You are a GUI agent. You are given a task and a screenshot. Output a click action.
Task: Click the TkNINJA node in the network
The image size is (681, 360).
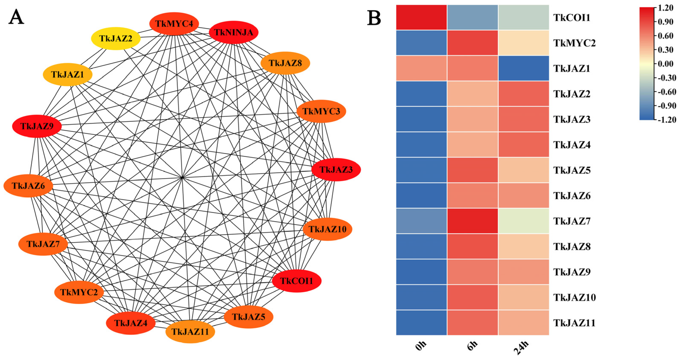233,32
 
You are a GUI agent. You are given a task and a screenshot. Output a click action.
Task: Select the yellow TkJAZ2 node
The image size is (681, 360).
116,39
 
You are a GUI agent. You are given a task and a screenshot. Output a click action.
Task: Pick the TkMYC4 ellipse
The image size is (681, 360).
174,24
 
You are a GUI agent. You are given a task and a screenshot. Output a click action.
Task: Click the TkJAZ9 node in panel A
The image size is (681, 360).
37,126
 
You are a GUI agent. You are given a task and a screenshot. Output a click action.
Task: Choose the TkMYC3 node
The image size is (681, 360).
321,111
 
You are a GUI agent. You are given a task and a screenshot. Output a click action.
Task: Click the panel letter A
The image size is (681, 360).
16,17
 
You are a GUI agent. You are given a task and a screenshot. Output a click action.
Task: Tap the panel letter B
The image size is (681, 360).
374,18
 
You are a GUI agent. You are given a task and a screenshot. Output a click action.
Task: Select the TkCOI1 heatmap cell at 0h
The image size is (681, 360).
421,17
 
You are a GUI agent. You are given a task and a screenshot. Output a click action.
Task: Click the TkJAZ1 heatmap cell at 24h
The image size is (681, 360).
523,68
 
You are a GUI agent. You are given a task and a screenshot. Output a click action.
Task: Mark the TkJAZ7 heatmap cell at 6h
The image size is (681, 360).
473,221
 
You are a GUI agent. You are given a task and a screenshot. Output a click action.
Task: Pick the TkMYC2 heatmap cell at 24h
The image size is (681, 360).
523,43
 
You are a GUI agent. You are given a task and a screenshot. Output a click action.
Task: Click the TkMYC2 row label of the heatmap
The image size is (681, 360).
574,43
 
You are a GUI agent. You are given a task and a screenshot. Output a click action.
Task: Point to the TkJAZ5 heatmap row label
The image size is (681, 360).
572,170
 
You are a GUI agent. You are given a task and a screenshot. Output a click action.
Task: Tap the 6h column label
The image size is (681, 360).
472,346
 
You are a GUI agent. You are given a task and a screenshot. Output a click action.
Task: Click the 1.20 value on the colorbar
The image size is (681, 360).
665,8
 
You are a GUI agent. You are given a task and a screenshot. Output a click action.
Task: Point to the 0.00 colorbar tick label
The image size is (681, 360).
665,64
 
